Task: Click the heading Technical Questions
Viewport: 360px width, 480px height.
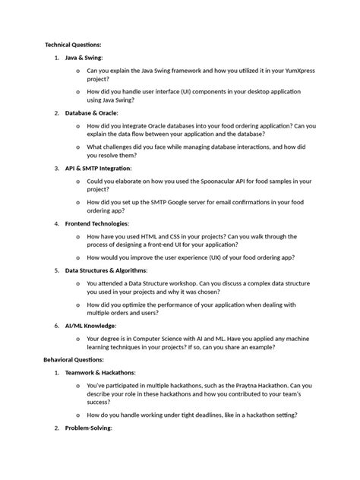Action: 73,45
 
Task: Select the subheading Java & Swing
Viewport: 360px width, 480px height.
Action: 84,57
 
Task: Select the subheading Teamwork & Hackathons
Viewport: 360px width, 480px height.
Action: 100,373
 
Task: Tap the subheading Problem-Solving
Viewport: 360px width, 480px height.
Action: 88,428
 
